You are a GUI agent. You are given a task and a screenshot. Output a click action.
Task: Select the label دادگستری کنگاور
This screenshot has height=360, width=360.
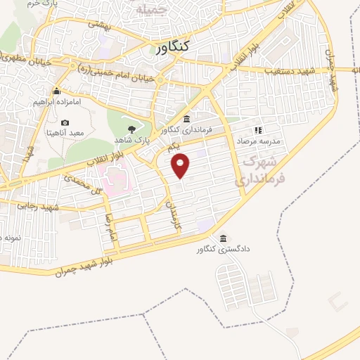click(224, 250)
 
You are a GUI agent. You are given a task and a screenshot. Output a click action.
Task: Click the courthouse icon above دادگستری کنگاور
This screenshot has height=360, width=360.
click(224, 238)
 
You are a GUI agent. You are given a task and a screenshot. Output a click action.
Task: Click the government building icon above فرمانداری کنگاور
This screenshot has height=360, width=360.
click(186, 118)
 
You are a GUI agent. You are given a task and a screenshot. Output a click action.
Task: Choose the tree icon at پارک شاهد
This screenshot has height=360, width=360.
click(131, 128)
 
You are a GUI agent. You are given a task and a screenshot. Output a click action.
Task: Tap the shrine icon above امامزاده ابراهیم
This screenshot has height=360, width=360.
click(57, 91)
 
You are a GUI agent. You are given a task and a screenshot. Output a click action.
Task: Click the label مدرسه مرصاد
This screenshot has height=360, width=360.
click(257, 141)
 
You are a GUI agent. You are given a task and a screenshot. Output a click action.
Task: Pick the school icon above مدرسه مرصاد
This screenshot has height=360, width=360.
click(258, 130)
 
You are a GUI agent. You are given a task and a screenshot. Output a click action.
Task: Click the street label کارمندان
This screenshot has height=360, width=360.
click(169, 217)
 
